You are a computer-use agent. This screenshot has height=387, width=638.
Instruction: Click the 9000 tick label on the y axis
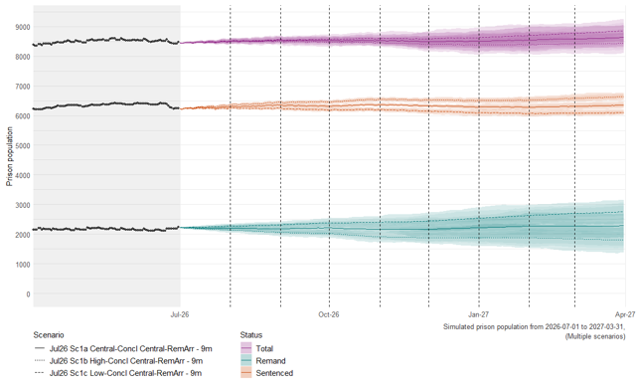point(23,27)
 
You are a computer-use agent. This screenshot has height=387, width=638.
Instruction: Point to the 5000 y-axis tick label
point(23,146)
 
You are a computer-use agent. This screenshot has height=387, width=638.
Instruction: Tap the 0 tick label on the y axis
point(28,294)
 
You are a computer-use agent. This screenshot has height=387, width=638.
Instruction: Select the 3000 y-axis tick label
point(23,205)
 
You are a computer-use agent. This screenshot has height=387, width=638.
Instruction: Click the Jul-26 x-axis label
point(180,314)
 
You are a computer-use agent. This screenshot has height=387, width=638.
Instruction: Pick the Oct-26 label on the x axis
point(329,314)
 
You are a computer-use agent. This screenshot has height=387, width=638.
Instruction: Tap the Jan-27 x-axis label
point(479,314)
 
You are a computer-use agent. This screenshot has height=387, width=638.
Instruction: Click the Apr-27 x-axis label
point(625,314)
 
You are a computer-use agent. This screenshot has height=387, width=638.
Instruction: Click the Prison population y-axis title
point(10,156)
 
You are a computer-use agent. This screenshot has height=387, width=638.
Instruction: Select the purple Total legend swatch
point(246,348)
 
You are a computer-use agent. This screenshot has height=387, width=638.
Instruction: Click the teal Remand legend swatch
point(246,360)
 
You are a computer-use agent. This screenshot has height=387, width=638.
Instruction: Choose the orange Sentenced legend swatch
point(246,373)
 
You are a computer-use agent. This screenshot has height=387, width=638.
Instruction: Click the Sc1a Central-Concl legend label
point(130,349)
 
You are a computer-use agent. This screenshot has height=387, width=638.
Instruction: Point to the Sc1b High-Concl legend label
point(126,361)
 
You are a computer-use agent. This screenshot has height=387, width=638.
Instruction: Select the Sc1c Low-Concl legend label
point(125,373)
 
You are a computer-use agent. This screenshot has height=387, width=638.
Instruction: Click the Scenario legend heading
point(49,335)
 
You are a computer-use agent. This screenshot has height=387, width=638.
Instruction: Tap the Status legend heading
point(251,335)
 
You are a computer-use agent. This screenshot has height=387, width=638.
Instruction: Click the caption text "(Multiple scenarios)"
point(595,336)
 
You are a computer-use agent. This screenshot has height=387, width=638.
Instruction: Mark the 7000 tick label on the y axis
point(23,87)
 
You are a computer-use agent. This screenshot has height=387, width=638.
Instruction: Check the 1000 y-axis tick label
point(23,265)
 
